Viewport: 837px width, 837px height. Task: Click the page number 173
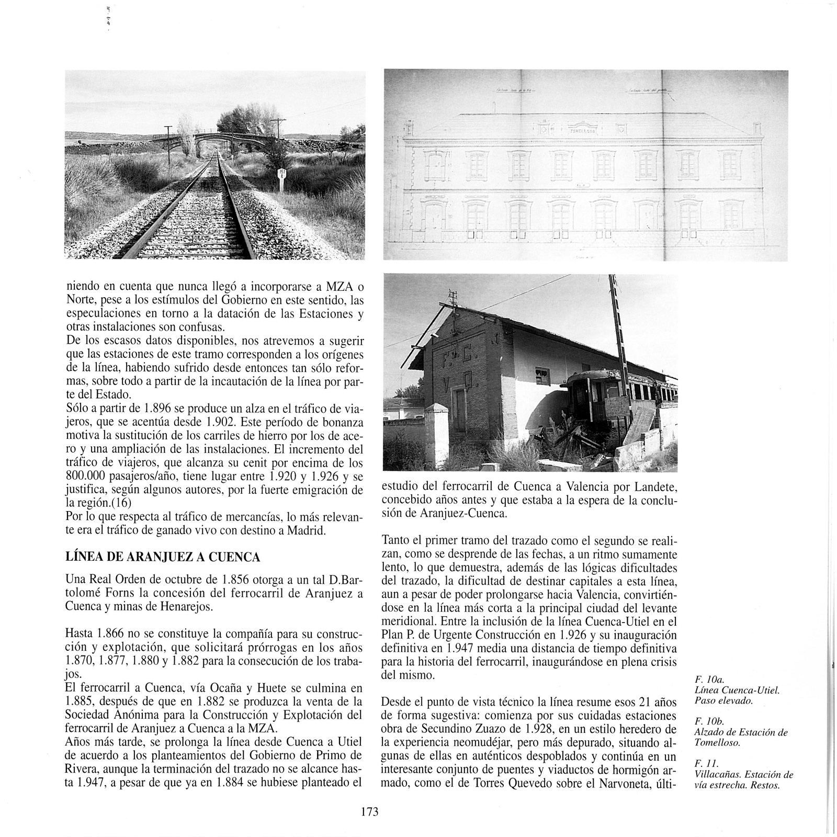click(369, 811)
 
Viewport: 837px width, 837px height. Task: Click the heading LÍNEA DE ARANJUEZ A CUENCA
click(162, 557)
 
